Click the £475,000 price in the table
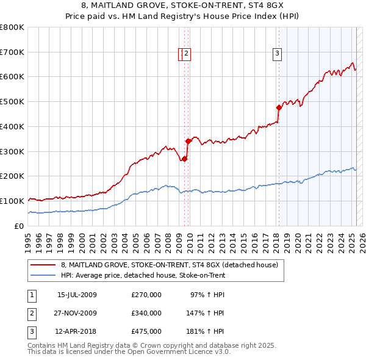click(x=146, y=331)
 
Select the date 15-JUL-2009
click(x=77, y=295)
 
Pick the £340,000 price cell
click(x=146, y=313)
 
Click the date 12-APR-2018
click(x=77, y=331)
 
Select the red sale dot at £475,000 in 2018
click(x=279, y=107)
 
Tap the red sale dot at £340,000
click(x=188, y=141)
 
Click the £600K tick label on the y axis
click(x=12, y=77)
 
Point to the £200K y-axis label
click(x=12, y=176)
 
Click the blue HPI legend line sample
click(x=44, y=275)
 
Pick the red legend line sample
click(x=44, y=265)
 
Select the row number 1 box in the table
click(x=30, y=295)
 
